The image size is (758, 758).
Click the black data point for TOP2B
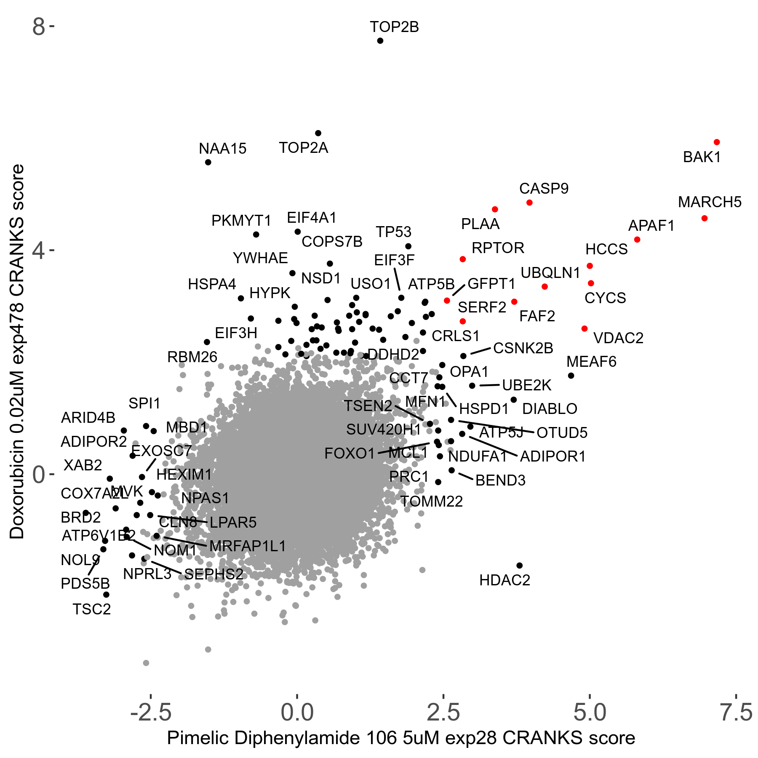click(x=380, y=41)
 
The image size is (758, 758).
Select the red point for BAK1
click(x=717, y=142)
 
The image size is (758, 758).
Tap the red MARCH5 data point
click(x=705, y=218)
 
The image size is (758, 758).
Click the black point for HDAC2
click(x=519, y=566)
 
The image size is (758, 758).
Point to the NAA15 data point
click(x=208, y=162)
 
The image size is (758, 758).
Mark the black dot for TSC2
click(x=106, y=595)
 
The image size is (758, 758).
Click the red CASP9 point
click(x=529, y=203)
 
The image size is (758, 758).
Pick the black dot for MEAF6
click(x=571, y=376)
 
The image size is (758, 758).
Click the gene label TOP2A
click(x=303, y=148)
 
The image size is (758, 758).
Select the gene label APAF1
click(x=651, y=226)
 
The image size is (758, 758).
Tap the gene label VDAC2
click(x=618, y=338)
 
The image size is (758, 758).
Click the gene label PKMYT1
click(x=241, y=221)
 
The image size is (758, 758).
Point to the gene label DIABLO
click(x=550, y=409)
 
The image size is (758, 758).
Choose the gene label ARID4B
click(x=88, y=418)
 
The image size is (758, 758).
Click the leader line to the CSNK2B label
click(x=480, y=351)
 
